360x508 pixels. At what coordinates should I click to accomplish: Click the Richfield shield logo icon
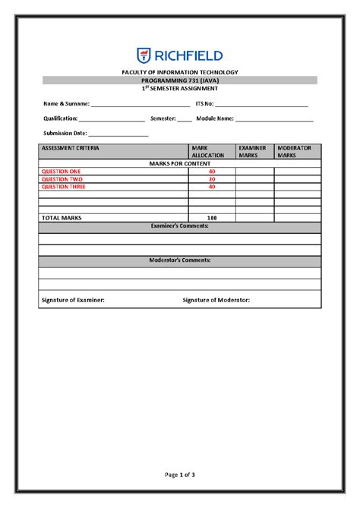tap(144, 55)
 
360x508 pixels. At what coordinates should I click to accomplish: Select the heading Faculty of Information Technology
tap(181, 72)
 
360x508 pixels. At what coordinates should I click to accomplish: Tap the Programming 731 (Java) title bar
tap(181, 80)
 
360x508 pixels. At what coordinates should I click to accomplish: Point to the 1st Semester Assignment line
tap(181, 88)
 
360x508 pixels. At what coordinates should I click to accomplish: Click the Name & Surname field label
tap(66, 103)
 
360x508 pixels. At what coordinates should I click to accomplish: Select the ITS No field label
tap(205, 103)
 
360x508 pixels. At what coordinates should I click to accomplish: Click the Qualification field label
tap(60, 118)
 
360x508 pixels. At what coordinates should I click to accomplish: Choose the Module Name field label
tap(215, 118)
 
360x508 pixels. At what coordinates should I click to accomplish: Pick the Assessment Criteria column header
tap(70, 148)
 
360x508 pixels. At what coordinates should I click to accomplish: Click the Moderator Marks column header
tap(295, 151)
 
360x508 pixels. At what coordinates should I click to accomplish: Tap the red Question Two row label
tap(62, 179)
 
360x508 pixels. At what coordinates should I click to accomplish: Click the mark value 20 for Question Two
tap(212, 179)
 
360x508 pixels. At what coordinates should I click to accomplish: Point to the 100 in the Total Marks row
tap(212, 218)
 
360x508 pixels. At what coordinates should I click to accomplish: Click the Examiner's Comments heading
tap(180, 226)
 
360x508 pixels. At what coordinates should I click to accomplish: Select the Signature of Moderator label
tap(216, 300)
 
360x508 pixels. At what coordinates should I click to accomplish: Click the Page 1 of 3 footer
tap(180, 475)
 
